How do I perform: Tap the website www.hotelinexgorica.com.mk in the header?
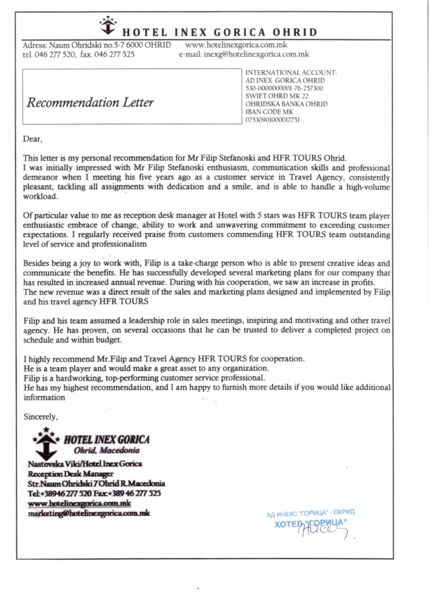236,45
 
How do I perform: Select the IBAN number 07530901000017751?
273,119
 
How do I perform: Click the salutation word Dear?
32,139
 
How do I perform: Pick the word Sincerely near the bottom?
40,416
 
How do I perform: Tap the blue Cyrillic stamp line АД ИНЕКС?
310,514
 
